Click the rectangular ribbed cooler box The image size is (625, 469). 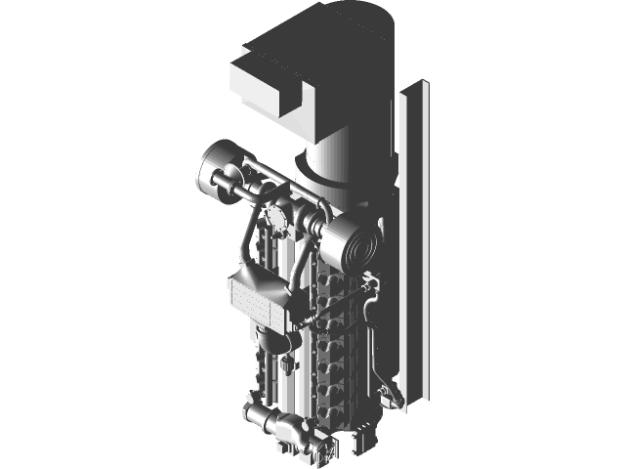click(260, 297)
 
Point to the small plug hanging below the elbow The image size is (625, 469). click(287, 364)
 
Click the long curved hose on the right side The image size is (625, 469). click(372, 332)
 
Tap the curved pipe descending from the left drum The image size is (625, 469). click(246, 234)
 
